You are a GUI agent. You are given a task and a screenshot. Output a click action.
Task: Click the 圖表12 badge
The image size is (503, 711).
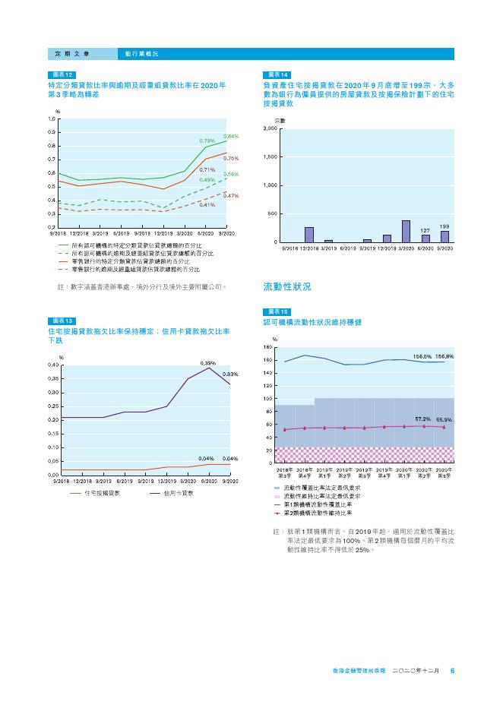tap(62, 74)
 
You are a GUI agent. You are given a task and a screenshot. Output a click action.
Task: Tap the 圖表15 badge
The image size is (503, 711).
tap(275, 312)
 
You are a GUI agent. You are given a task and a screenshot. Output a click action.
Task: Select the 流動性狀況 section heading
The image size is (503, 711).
tap(286, 287)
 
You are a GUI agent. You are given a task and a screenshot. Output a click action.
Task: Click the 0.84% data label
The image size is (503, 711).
tap(231, 136)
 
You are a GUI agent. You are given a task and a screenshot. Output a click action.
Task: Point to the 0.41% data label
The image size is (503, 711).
tap(207, 205)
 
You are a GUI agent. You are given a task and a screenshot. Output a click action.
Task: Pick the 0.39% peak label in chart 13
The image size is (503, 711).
tap(208, 363)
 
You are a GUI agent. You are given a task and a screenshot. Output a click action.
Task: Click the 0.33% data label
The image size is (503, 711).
tap(231, 374)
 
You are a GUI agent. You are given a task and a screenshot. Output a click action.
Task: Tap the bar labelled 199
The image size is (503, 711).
tap(445, 236)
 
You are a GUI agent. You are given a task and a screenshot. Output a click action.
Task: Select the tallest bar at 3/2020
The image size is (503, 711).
tap(406, 231)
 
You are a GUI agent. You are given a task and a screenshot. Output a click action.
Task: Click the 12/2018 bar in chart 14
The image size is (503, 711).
tap(309, 234)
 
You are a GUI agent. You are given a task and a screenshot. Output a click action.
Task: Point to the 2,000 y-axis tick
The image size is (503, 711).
tap(269, 129)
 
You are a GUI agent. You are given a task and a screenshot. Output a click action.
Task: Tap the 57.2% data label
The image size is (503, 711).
tap(422, 419)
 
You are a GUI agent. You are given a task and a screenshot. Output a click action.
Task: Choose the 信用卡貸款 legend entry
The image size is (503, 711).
tap(178, 493)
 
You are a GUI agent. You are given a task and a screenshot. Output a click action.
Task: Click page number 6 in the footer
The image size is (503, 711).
tap(452, 671)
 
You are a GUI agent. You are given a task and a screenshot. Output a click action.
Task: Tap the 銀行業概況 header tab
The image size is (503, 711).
tap(142, 54)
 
